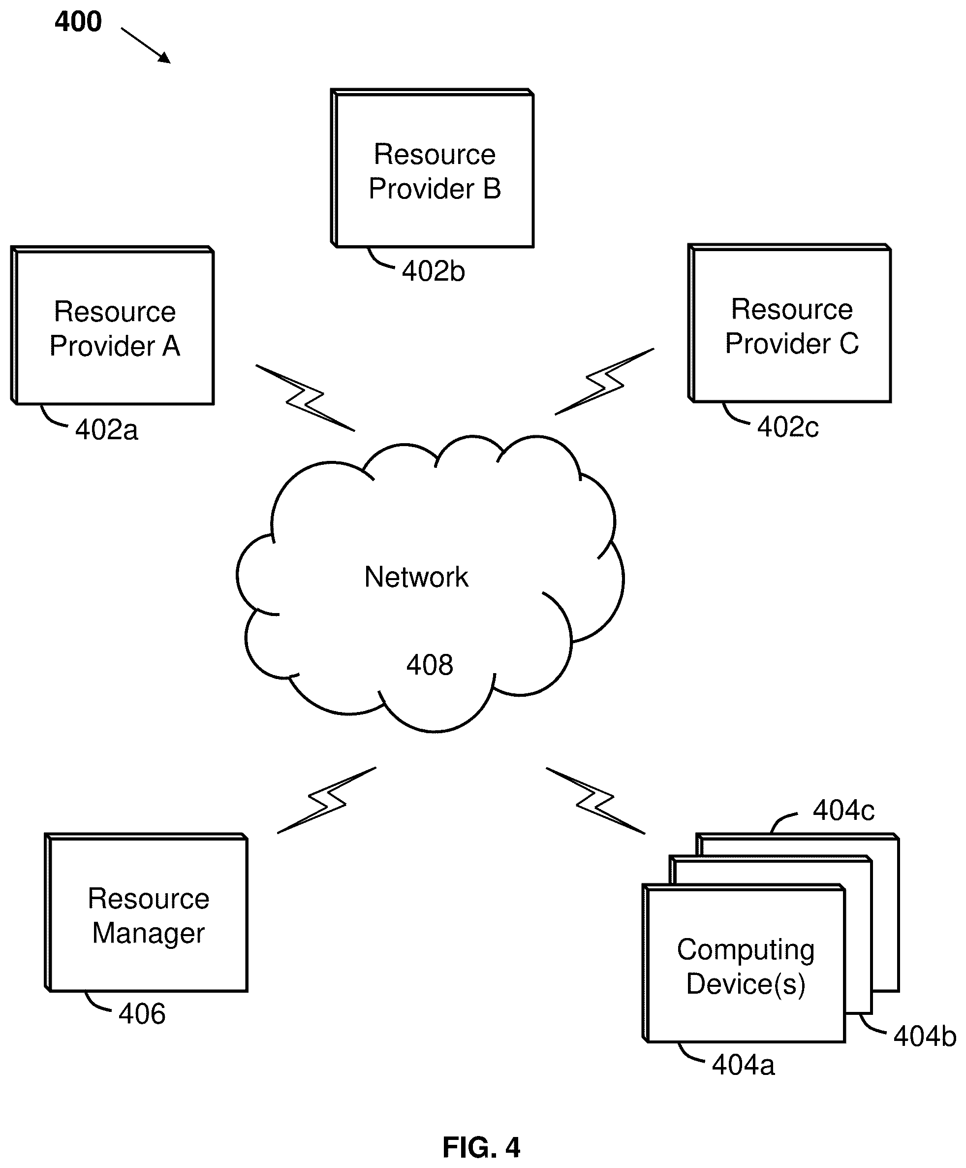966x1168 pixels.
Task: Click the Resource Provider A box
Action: [x=112, y=325]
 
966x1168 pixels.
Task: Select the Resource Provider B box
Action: [x=433, y=168]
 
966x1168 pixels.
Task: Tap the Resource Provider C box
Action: [x=790, y=323]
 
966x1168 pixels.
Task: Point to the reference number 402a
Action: [x=107, y=430]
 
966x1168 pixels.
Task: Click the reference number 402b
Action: [x=434, y=271]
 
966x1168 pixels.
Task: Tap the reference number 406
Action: [x=142, y=1014]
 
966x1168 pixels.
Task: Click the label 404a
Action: [x=743, y=1065]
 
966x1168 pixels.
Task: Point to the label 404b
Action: [x=925, y=1036]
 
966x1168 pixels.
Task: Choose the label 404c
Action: [x=844, y=811]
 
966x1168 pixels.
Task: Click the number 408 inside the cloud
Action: [x=430, y=665]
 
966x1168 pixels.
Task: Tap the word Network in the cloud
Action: [x=416, y=577]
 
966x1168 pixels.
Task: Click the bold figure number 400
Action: [x=78, y=22]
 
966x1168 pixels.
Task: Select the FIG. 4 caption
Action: [x=481, y=1147]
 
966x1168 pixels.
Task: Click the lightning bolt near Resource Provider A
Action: [x=305, y=398]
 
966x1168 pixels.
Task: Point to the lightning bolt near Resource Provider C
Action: [x=605, y=382]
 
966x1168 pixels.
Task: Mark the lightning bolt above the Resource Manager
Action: [x=327, y=800]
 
